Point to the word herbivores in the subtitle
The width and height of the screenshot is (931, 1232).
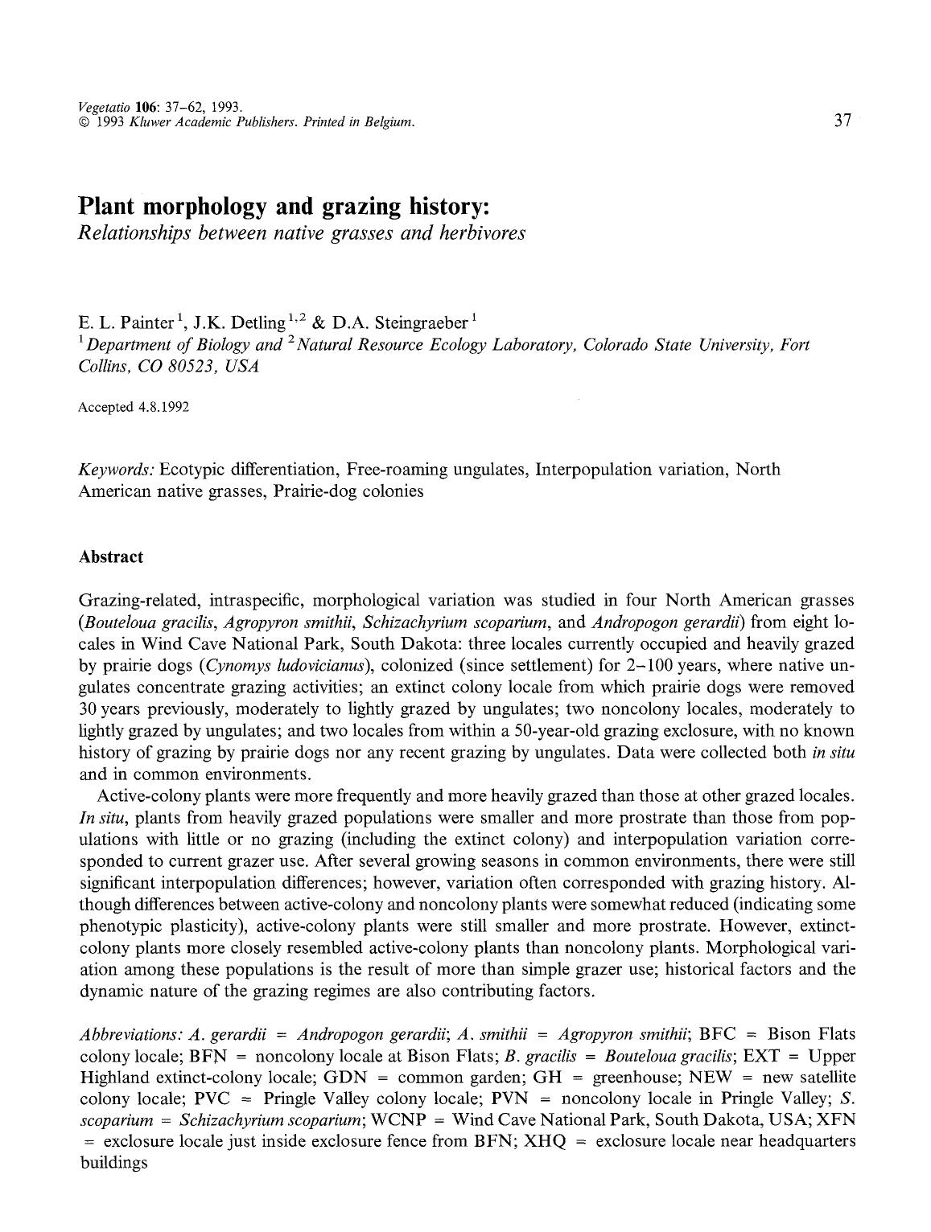click(485, 233)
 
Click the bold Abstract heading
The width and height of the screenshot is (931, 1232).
click(111, 557)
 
